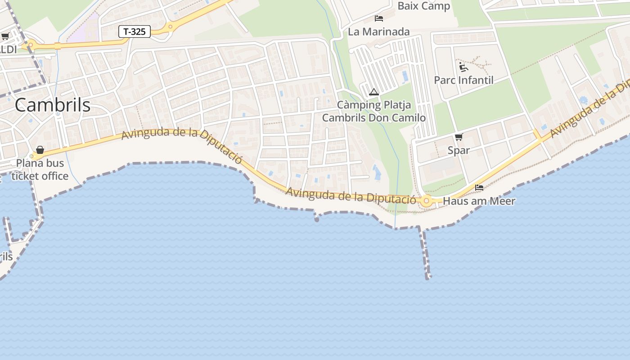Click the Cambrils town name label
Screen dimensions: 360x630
point(52,105)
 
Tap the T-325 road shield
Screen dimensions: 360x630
point(134,31)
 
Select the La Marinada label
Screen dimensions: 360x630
point(379,31)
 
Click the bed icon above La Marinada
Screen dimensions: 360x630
point(379,18)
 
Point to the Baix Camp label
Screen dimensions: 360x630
point(424,6)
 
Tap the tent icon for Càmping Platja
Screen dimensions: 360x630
point(373,92)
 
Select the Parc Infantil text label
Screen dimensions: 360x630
point(463,80)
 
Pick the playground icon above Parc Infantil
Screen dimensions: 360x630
point(463,67)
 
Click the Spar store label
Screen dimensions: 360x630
point(459,150)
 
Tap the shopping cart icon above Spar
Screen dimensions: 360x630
point(459,137)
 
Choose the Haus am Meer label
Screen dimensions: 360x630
point(479,201)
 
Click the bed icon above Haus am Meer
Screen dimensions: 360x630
point(479,187)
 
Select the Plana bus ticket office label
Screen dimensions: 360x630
point(40,169)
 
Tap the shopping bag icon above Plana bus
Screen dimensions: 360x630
point(40,149)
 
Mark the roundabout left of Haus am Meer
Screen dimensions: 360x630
point(426,202)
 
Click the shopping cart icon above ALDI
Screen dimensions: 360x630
point(5,36)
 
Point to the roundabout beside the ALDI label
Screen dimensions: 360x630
point(31,45)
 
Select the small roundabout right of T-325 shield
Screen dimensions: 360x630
point(170,27)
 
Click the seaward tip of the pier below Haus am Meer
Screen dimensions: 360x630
point(428,277)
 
